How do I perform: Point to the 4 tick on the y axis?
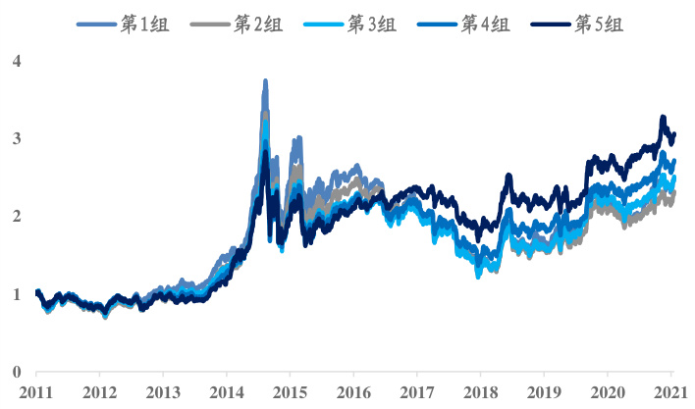[x=17, y=62]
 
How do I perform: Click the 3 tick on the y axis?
[x=17, y=139]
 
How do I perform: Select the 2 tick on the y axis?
[x=17, y=217]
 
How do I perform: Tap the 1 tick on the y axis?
[x=17, y=294]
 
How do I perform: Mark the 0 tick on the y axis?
[x=17, y=372]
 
